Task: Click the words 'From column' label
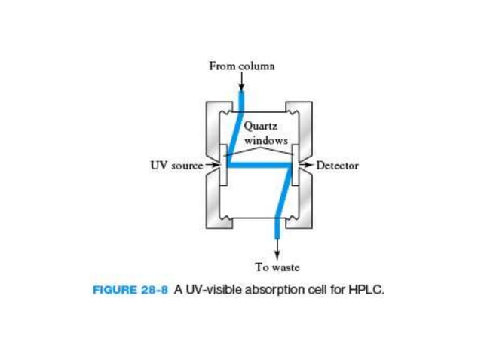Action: click(241, 66)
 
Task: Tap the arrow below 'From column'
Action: click(241, 81)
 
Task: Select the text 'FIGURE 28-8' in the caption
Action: click(130, 290)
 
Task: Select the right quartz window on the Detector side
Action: click(295, 165)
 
